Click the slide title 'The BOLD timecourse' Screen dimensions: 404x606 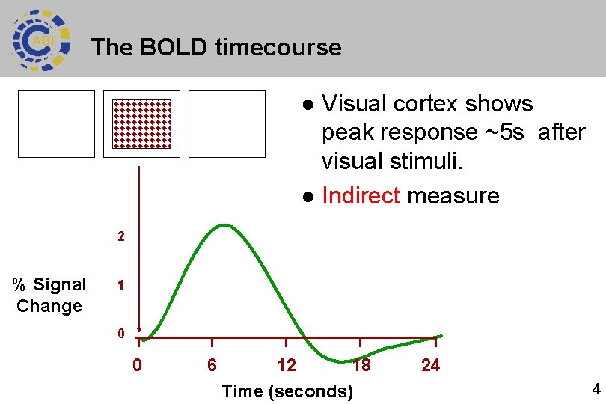coord(215,48)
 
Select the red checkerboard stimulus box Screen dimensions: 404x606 coord(142,123)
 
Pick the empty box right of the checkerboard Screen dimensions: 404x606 coord(227,123)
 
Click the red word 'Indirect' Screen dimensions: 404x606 coord(361,196)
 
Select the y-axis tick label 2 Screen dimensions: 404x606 coord(120,237)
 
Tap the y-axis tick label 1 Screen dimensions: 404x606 coord(120,286)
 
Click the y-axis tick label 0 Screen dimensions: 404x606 coord(120,334)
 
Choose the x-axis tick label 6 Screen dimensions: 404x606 coord(212,366)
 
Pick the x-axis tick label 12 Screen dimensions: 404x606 coord(287,366)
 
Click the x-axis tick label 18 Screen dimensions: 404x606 coord(361,366)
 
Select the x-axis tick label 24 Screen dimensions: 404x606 coord(431,366)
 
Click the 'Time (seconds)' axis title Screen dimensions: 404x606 coord(287,391)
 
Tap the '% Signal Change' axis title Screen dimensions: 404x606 coord(49,295)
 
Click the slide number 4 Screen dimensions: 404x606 coord(596,389)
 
